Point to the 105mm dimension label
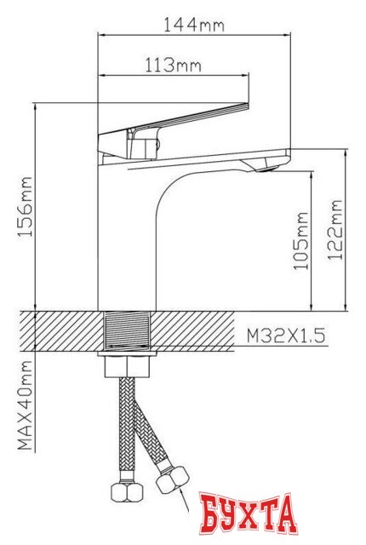point(300,242)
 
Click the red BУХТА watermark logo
point(245,513)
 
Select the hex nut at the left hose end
point(123,492)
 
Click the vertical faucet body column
point(128,247)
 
